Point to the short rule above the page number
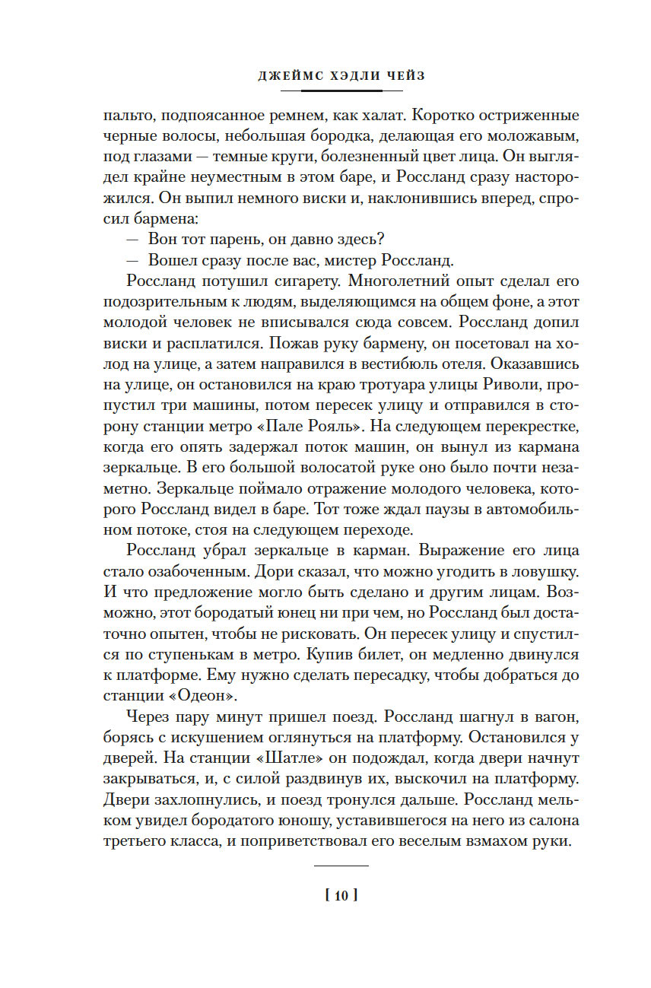tap(341, 866)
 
